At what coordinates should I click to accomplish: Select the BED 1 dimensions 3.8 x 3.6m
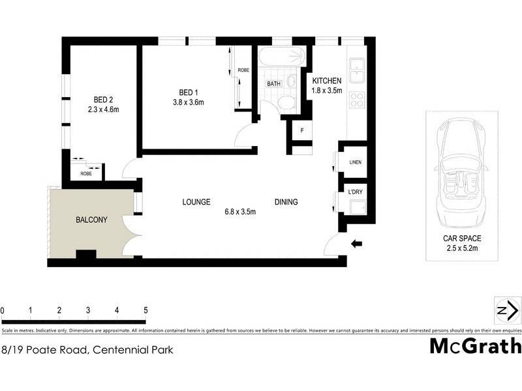(x=188, y=102)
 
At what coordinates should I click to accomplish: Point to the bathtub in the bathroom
(x=281, y=57)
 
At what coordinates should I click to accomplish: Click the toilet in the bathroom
(x=286, y=104)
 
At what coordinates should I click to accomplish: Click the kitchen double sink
(x=356, y=70)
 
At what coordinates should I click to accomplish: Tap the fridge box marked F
(x=301, y=130)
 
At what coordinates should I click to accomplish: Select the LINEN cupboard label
(x=355, y=162)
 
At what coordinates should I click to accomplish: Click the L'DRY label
(x=355, y=192)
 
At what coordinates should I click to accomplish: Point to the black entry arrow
(x=357, y=244)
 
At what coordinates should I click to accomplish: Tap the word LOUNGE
(x=196, y=202)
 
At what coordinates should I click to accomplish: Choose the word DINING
(x=286, y=202)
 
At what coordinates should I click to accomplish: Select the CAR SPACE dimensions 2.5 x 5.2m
(x=461, y=248)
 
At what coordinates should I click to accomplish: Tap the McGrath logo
(x=475, y=345)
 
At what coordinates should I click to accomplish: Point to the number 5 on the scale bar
(x=146, y=310)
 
